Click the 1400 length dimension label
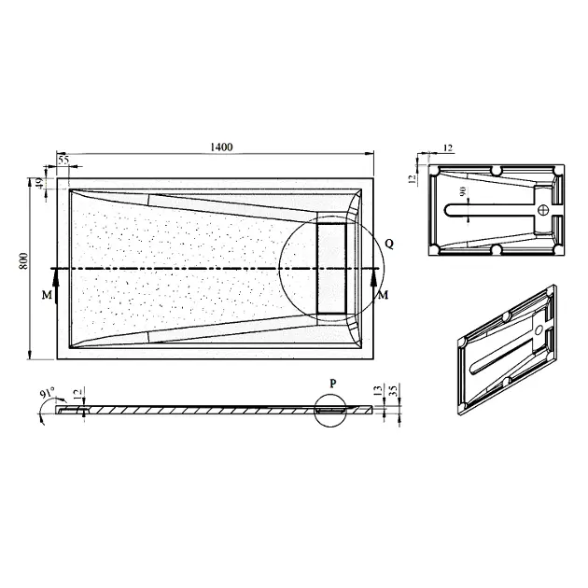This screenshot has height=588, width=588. [x=221, y=147]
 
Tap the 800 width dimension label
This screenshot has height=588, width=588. [x=23, y=261]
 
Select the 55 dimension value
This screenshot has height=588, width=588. [x=63, y=160]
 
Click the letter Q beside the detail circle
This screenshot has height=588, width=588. [x=389, y=245]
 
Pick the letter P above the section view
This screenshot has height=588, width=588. [x=333, y=384]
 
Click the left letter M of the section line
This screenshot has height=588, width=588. [x=47, y=296]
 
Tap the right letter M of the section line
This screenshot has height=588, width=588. [x=383, y=296]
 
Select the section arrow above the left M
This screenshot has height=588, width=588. [x=56, y=287]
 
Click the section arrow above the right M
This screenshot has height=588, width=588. [x=373, y=287]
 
